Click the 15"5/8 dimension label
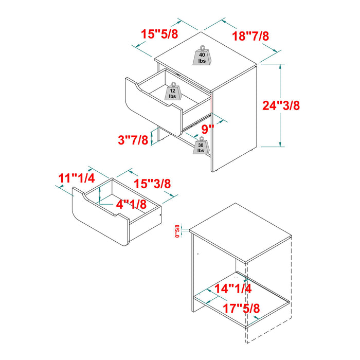tap(160, 34)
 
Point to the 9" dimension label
tap(207, 129)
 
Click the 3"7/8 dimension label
tap(133, 139)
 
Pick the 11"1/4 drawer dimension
tap(76, 178)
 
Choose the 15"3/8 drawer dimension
tap(153, 183)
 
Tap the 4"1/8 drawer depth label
tap(131, 204)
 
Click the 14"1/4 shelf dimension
tap(233, 289)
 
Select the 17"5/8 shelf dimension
tap(241, 309)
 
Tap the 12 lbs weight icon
tap(172, 92)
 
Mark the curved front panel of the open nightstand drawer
tap(149, 100)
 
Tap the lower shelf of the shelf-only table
tap(242, 298)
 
